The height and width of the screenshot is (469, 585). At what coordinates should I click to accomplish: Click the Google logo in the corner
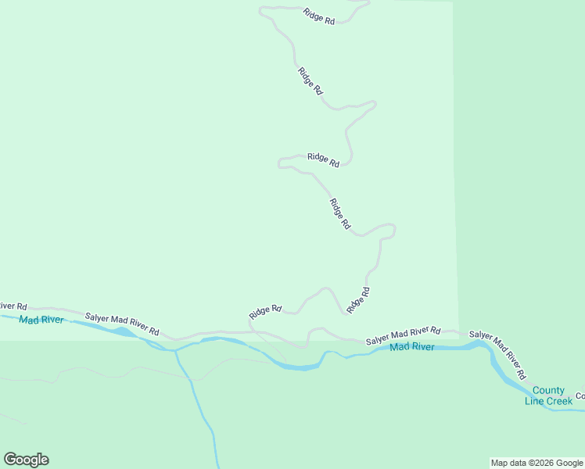[26, 460]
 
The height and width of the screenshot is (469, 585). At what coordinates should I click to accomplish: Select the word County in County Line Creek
[548, 391]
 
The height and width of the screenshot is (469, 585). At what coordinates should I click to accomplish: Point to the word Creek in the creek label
[558, 401]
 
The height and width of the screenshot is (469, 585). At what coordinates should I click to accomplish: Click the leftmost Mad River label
[40, 320]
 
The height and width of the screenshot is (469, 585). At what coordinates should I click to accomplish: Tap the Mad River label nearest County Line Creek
[411, 347]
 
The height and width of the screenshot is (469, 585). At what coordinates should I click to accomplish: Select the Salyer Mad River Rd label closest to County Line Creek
[497, 355]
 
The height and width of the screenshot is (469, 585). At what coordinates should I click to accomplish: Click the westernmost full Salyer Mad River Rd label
[122, 324]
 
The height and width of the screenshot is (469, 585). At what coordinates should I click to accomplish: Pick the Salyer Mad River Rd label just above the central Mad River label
[403, 335]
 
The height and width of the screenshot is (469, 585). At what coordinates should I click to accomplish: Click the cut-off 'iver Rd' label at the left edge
[13, 306]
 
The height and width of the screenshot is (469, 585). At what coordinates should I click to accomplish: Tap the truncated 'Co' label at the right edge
[580, 396]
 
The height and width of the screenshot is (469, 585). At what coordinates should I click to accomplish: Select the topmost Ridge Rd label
[318, 16]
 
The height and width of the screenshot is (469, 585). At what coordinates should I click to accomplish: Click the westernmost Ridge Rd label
[265, 311]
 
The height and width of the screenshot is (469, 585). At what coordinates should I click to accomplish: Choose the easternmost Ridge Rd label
[358, 300]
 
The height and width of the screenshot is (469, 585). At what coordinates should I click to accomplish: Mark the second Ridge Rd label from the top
[310, 81]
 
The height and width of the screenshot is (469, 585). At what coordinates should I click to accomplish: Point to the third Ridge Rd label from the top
[323, 159]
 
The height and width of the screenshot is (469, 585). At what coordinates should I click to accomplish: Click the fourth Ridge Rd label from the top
[339, 213]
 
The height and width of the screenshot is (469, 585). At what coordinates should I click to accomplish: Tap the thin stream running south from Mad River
[196, 399]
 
